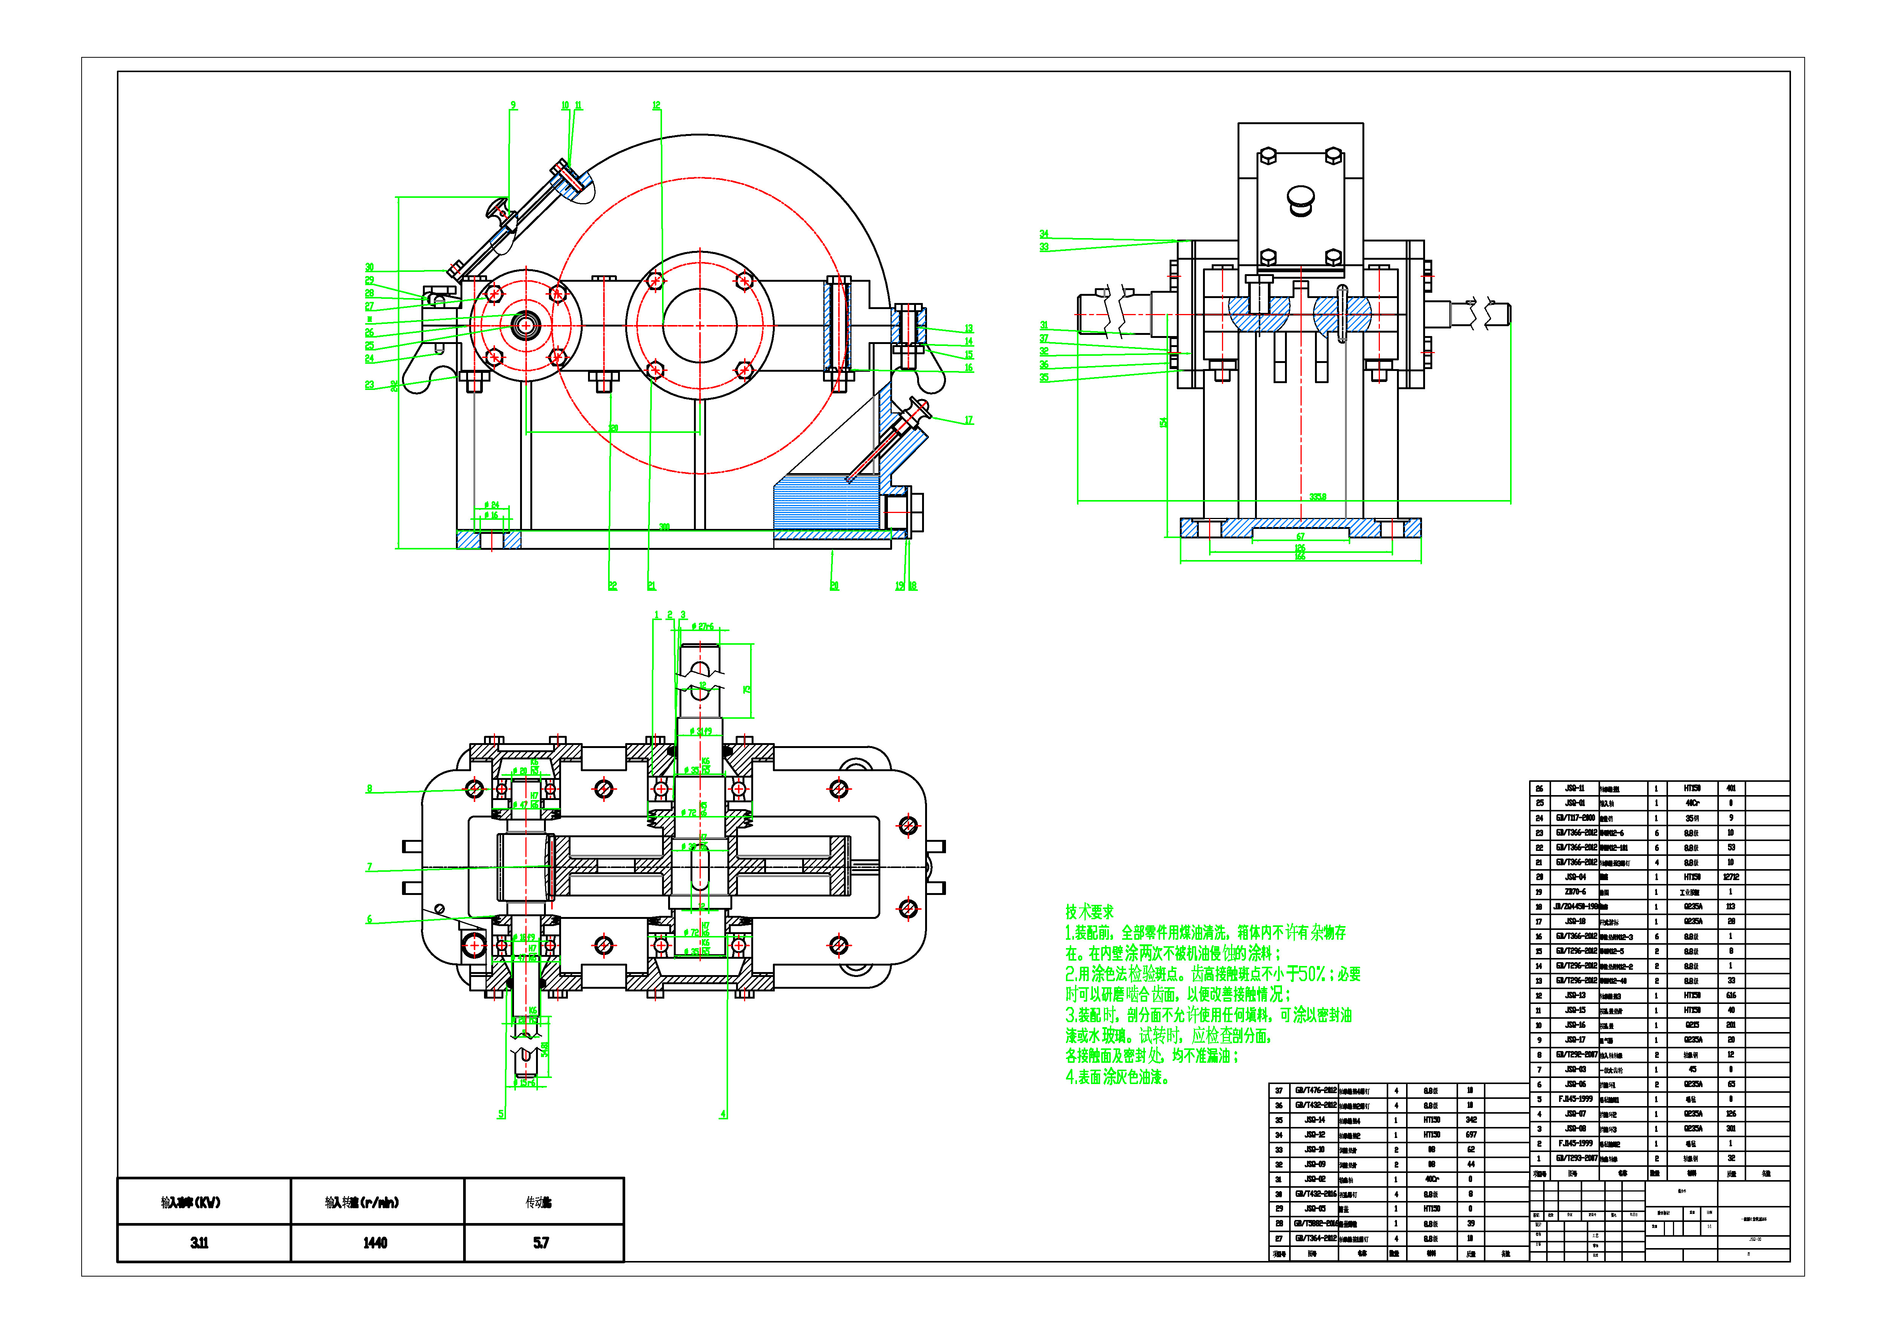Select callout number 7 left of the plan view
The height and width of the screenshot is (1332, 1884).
click(369, 866)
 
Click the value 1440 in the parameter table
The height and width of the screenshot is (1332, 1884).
click(375, 1242)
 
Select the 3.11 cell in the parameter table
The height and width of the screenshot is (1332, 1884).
click(199, 1242)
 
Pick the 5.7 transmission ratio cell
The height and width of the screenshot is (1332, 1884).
click(541, 1242)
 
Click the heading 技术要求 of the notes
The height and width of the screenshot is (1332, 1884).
click(1090, 912)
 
